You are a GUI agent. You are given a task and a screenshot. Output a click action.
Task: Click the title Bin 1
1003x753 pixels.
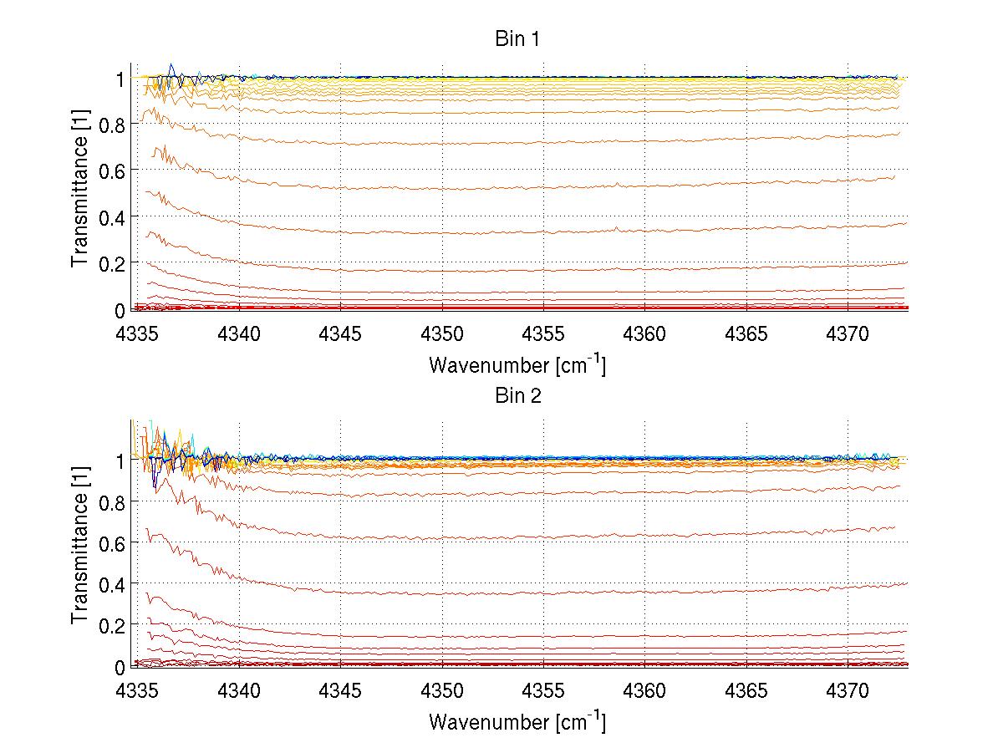point(518,39)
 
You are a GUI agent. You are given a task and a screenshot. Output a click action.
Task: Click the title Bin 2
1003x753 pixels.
point(518,395)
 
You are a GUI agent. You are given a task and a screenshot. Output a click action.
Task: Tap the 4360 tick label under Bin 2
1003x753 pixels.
point(644,692)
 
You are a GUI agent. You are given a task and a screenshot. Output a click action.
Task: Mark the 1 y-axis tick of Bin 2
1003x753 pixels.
point(120,460)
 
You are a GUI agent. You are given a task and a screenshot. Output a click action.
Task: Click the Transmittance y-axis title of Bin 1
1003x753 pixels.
point(80,194)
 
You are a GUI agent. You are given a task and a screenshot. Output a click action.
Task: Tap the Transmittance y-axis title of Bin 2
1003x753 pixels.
point(80,552)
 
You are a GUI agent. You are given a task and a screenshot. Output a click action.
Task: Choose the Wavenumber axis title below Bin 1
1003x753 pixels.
point(517,364)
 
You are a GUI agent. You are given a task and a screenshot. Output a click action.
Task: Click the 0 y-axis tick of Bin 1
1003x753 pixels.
point(120,310)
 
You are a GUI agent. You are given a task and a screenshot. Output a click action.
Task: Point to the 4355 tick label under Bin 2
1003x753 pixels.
point(543,692)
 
